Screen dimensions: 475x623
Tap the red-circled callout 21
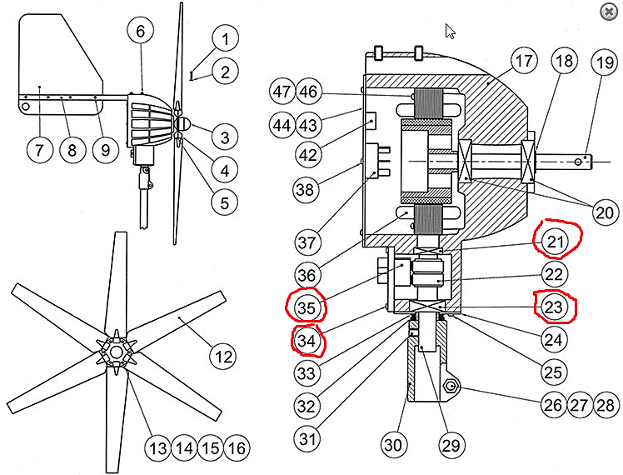coord(556,242)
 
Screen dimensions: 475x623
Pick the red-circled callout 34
coord(307,340)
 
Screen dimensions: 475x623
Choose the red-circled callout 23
coord(555,307)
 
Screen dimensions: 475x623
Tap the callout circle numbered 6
coord(141,31)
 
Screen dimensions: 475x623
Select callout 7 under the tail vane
coord(39,151)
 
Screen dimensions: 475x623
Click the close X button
coord(605,12)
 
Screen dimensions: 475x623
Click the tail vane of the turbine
coord(58,58)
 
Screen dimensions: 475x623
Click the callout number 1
coord(224,37)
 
